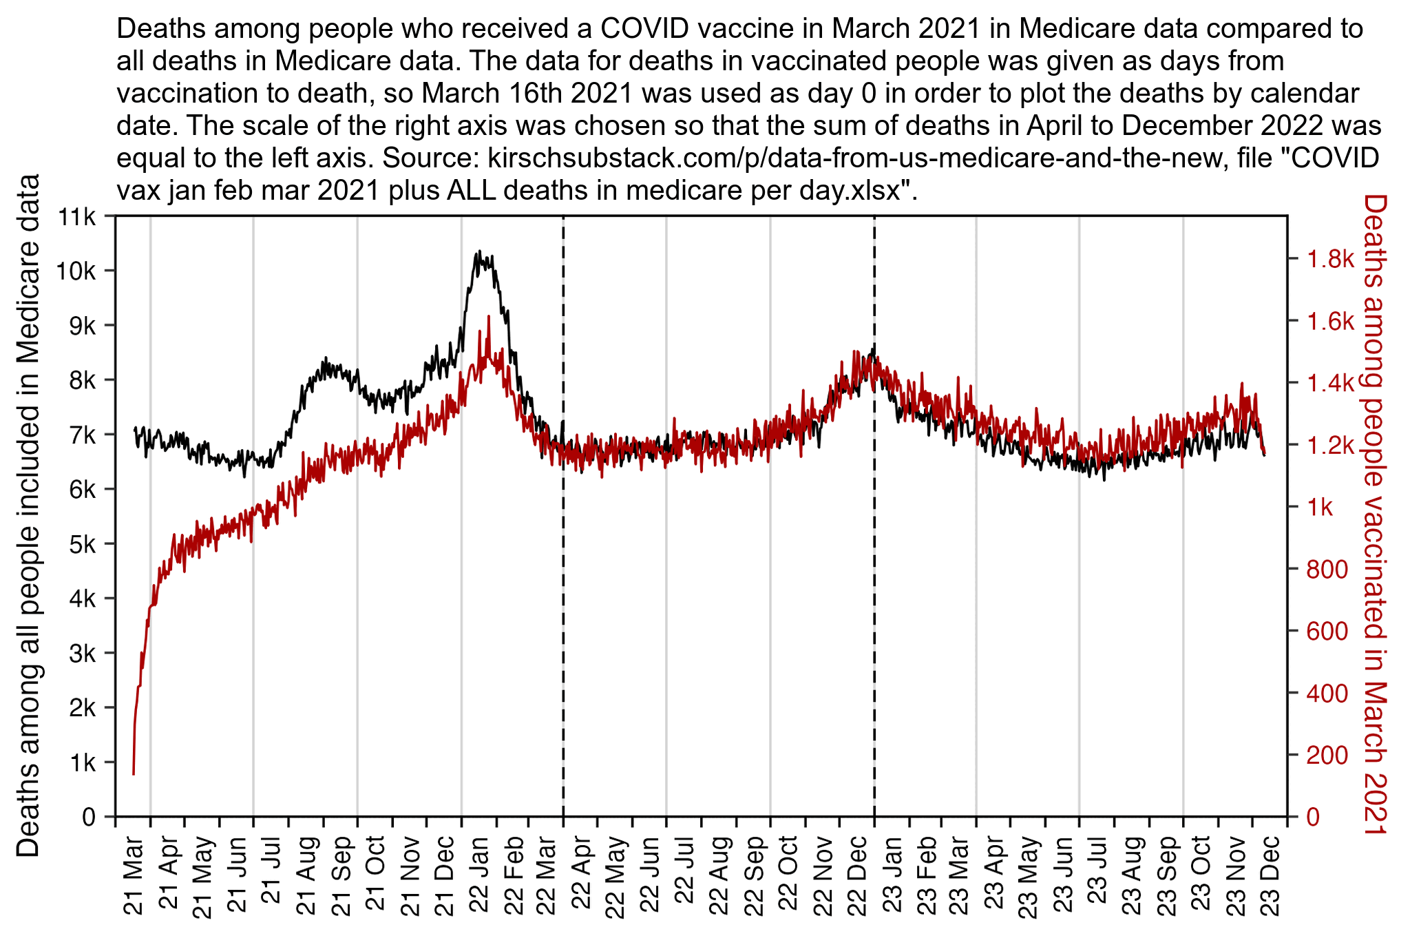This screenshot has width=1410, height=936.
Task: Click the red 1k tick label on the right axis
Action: [1320, 507]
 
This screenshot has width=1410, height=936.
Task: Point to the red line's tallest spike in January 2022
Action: [488, 317]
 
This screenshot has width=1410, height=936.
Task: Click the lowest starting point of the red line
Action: [134, 773]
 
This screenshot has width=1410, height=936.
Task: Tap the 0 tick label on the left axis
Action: [89, 817]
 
